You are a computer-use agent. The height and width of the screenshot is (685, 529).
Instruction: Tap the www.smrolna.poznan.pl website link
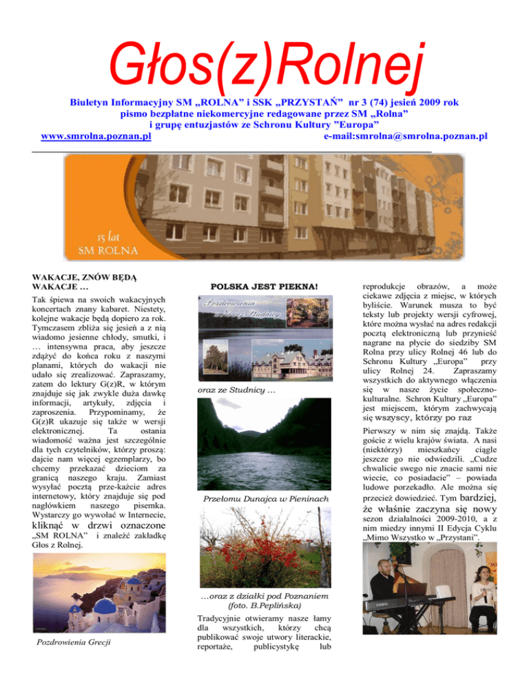pyautogui.click(x=96, y=136)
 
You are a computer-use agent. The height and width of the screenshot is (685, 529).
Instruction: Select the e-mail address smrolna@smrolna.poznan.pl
pyautogui.click(x=405, y=136)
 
